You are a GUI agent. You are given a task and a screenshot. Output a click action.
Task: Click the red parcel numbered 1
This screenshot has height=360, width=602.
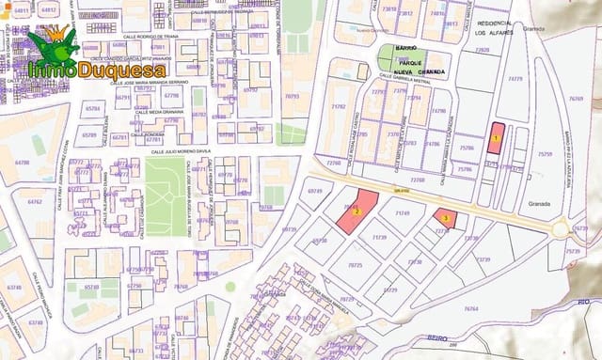click(496, 138)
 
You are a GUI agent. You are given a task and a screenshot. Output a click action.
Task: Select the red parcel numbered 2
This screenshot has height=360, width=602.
click(357, 211)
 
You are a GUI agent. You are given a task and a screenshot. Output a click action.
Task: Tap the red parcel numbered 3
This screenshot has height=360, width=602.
click(445, 218)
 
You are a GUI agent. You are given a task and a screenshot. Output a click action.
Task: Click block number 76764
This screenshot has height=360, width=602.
click(470, 308)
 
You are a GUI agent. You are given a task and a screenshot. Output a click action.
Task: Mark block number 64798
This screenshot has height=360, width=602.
click(21, 162)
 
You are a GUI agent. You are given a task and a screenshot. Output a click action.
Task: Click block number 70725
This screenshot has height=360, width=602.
click(356, 266)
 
